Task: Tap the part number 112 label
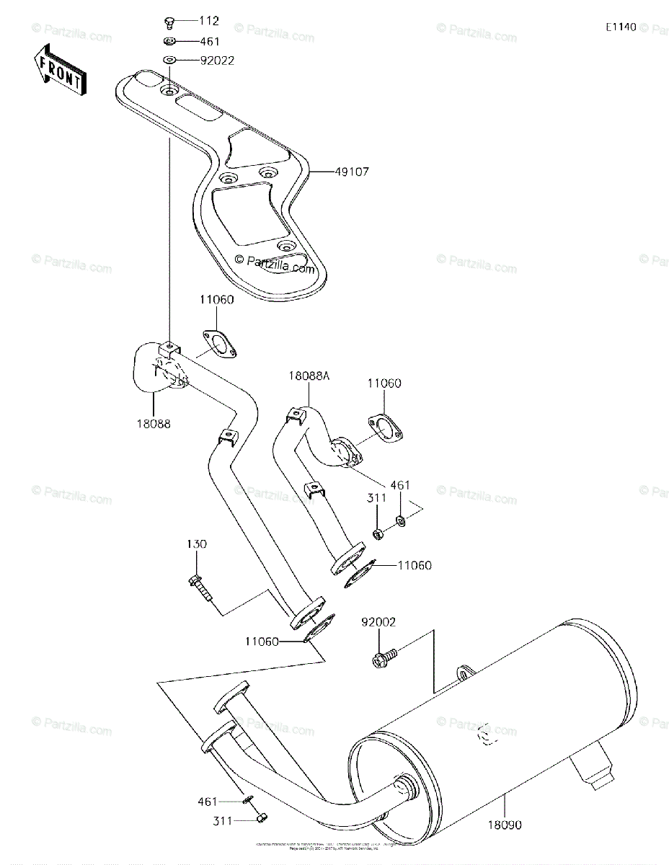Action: point(190,22)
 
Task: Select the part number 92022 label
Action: point(199,61)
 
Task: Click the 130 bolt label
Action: point(197,544)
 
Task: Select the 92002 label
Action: point(378,621)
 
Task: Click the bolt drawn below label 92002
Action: point(384,657)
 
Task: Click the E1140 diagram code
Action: point(620,28)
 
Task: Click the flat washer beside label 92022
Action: point(169,61)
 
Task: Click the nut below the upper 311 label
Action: point(377,534)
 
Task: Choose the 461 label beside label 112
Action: point(190,42)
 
